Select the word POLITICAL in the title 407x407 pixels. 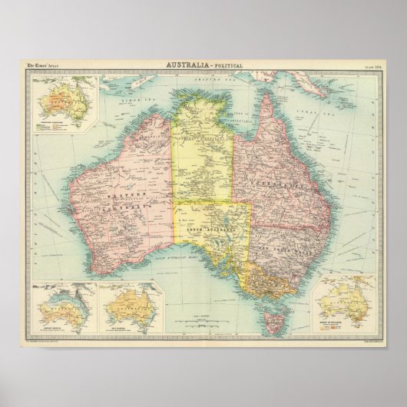tap(228, 67)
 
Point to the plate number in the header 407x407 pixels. tap(362, 67)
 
